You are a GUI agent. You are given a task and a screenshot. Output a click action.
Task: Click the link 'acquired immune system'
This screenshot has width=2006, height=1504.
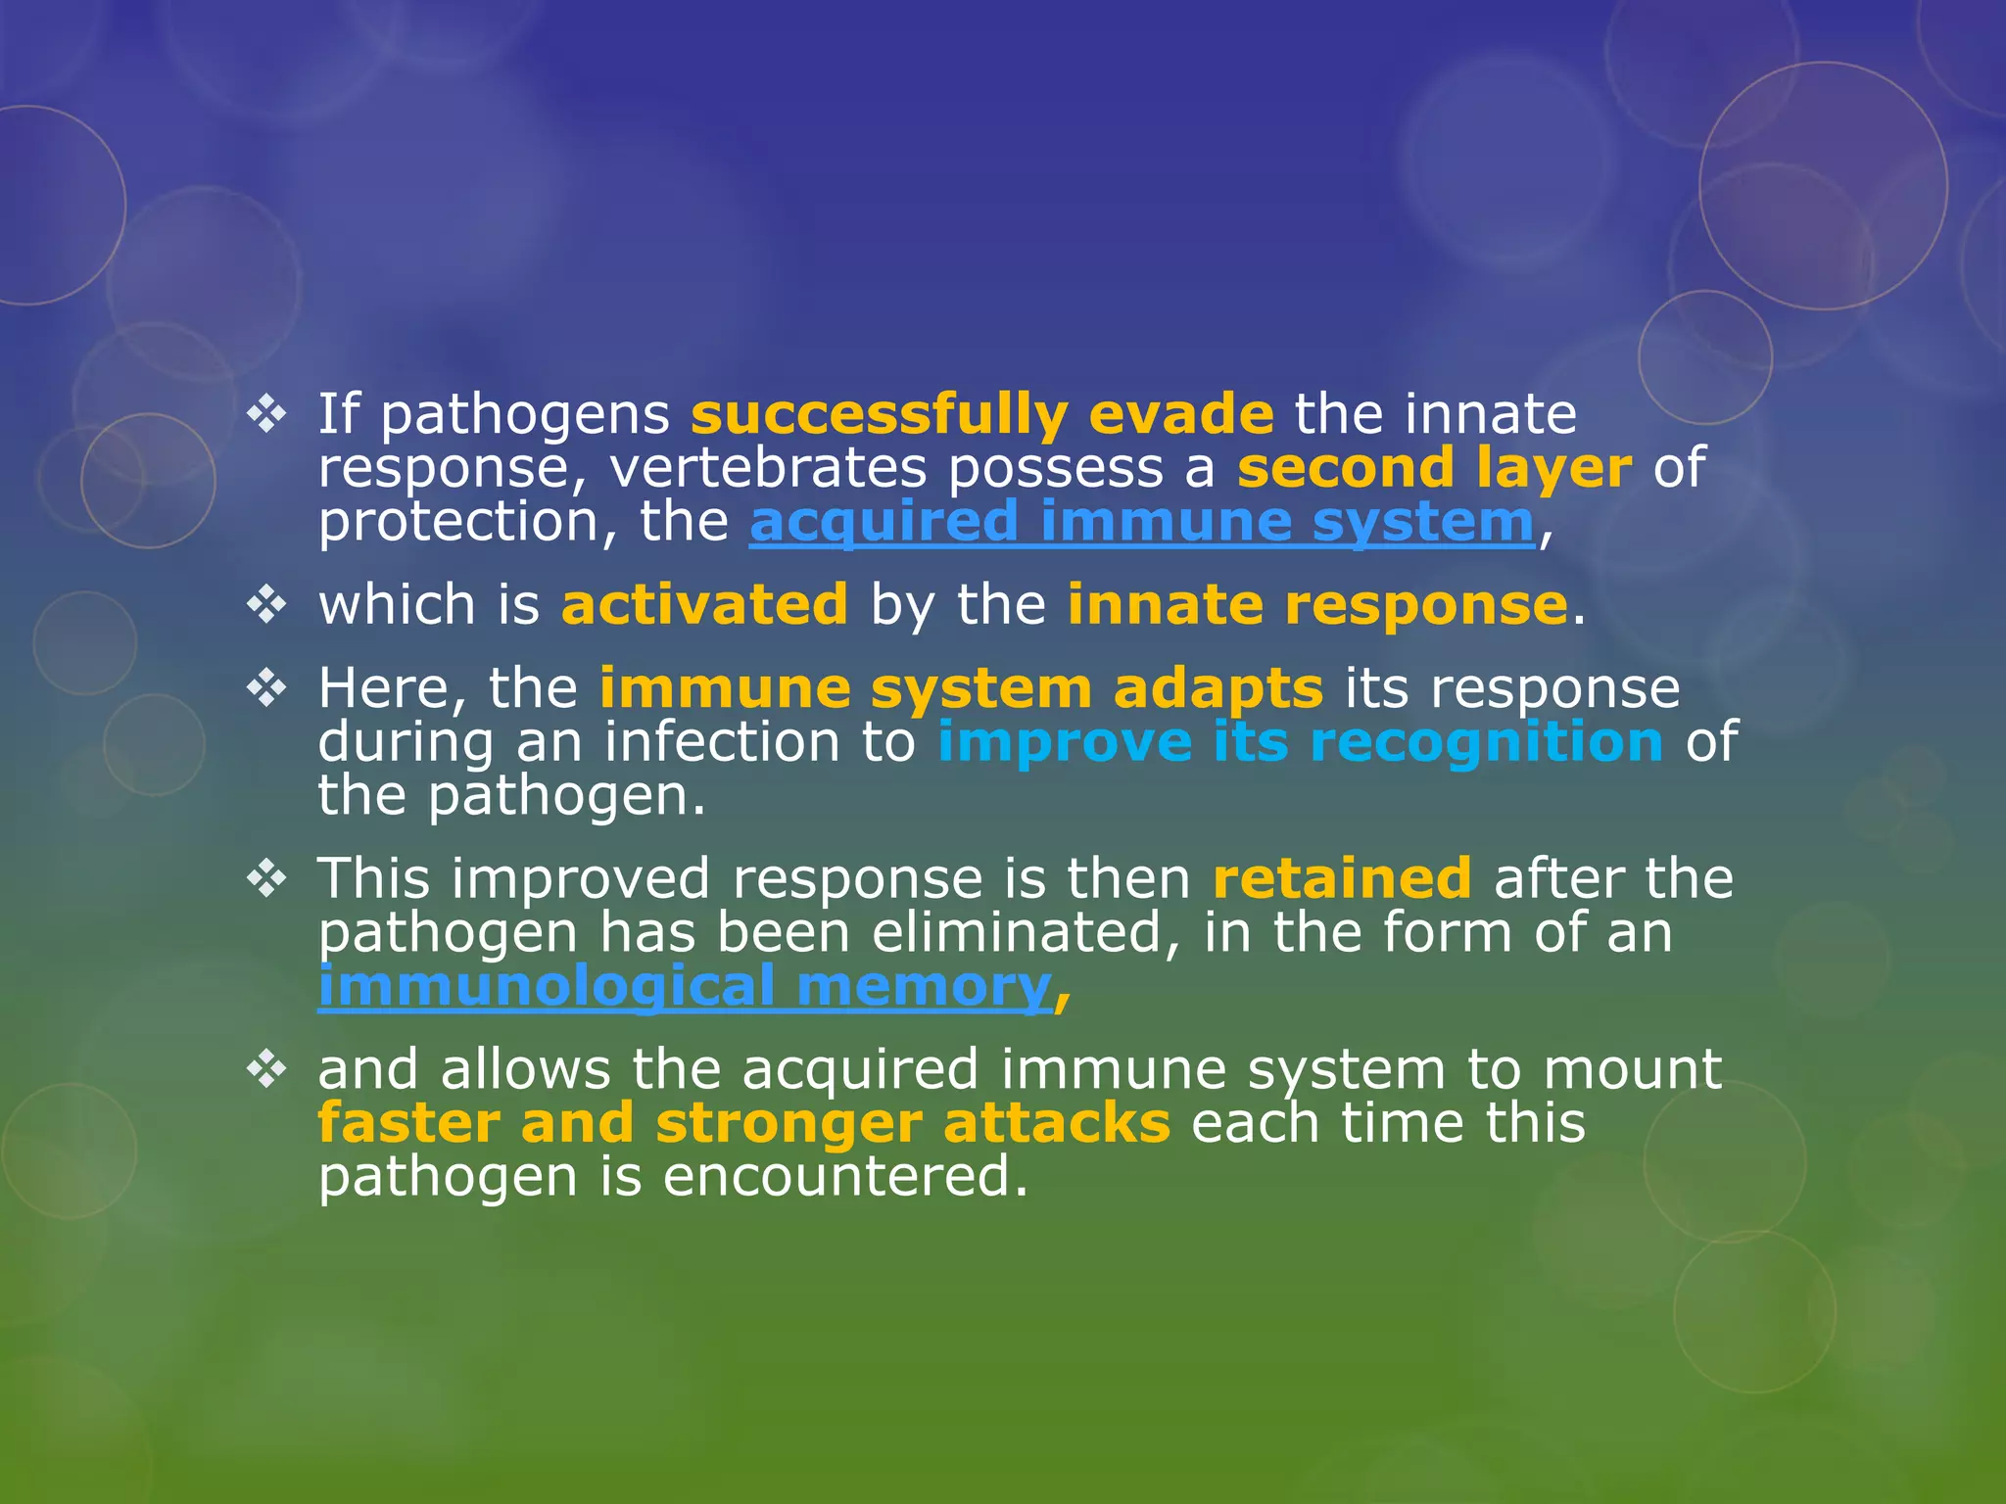pos(1141,522)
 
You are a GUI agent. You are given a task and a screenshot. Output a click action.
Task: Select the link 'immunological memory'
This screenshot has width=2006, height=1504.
pos(684,987)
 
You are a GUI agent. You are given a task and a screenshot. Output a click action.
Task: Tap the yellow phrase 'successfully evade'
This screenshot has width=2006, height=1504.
pos(981,415)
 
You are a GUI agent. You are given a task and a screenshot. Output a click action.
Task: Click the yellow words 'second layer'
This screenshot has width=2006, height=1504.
pos(1434,468)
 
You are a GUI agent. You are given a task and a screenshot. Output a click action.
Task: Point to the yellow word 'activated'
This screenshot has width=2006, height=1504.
pos(704,605)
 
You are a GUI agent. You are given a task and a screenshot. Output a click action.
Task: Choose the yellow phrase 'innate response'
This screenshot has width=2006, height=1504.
pos(1317,605)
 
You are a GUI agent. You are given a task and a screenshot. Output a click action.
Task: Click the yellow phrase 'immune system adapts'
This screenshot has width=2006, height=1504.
pos(961,689)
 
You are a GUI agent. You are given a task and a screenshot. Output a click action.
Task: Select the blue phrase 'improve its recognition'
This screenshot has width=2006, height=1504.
pos(1300,742)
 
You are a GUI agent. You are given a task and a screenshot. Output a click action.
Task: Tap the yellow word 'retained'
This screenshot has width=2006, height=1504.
pos(1342,878)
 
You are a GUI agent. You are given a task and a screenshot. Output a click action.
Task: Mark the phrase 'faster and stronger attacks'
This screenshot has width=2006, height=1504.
pos(743,1123)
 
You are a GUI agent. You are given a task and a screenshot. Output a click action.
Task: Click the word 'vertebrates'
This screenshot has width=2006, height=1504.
pos(768,468)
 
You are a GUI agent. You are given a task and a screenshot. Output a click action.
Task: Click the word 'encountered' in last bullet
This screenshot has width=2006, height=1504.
pos(844,1176)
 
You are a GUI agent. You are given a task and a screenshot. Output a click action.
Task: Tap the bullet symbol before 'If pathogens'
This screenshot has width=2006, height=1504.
pos(265,415)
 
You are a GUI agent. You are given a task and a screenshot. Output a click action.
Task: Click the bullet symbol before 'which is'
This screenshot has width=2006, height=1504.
pos(265,605)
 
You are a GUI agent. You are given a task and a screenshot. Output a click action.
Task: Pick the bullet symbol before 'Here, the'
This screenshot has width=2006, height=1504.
pos(265,689)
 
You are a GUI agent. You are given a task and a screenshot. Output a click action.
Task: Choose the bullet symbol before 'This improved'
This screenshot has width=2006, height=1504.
pos(265,878)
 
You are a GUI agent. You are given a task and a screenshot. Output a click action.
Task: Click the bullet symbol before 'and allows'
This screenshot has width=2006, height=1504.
pos(265,1069)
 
